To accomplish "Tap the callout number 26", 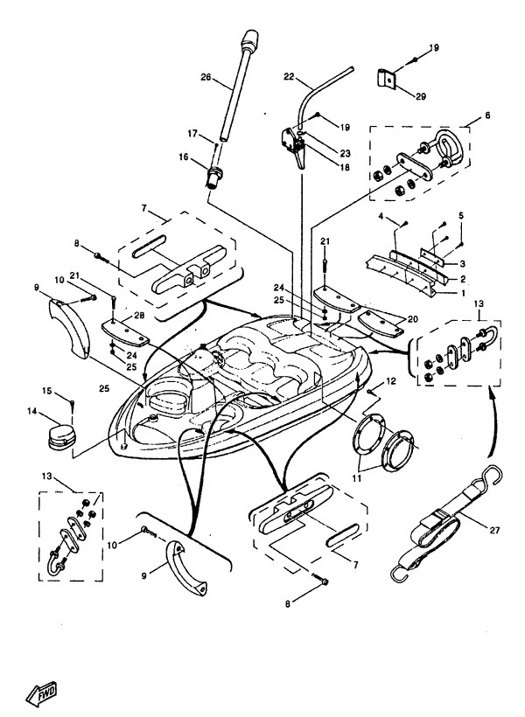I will pos(206,76).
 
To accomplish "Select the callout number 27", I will pos(475,517).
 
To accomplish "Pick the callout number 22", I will pos(289,77).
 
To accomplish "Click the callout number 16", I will pos(183,157).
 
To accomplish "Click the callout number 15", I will pos(47,390).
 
